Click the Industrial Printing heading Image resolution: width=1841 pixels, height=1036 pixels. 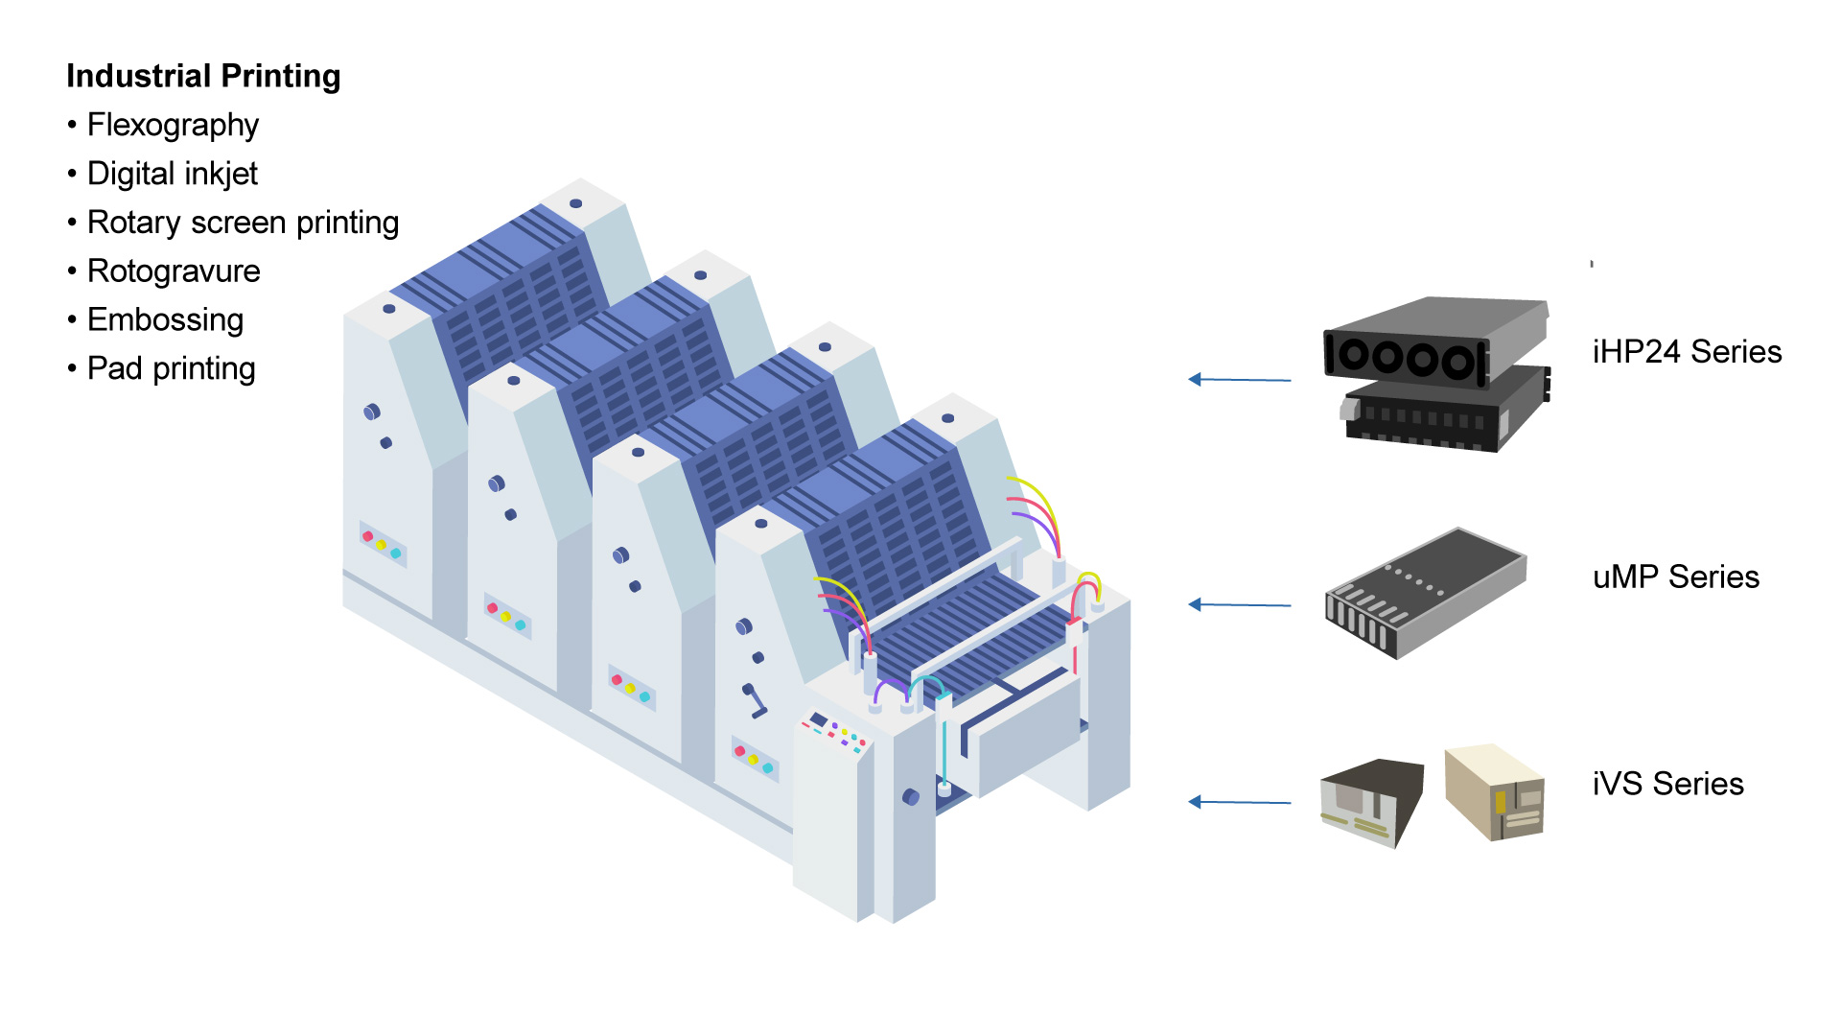tap(203, 76)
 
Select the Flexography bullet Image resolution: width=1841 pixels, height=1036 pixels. tap(173, 125)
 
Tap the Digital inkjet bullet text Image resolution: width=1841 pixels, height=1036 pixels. tap(173, 174)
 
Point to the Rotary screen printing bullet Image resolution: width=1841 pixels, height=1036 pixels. tap(243, 223)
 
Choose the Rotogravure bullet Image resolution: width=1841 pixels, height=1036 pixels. tap(174, 271)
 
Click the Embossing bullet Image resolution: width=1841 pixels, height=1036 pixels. tap(165, 319)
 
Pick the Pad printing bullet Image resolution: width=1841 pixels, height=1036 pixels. tap(171, 368)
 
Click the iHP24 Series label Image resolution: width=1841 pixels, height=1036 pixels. tap(1687, 352)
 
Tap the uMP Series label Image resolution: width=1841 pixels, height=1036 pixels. tap(1675, 577)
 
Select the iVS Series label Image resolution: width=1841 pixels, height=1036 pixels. tap(1667, 784)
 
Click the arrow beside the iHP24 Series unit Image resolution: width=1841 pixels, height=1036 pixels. tap(1239, 380)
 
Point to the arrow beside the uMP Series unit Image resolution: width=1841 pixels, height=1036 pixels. tap(1239, 604)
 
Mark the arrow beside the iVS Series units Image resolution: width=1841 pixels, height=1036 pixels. tap(1239, 802)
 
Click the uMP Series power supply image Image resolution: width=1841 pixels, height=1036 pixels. tap(1425, 592)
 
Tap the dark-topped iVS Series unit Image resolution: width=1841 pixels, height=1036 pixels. tap(1371, 800)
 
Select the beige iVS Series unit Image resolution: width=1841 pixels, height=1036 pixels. tap(1495, 792)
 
